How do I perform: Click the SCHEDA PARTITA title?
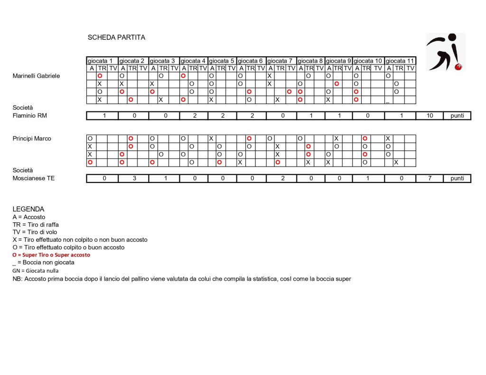pyautogui.click(x=116, y=37)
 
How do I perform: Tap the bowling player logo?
pyautogui.click(x=445, y=52)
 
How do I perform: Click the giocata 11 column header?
pyautogui.click(x=400, y=61)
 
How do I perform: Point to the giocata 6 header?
pyautogui.click(x=251, y=61)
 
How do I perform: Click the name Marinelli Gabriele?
pyautogui.click(x=36, y=76)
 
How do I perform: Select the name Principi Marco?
pyautogui.click(x=32, y=138)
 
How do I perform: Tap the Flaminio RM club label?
pyautogui.click(x=29, y=116)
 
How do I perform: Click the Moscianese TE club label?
pyautogui.click(x=33, y=178)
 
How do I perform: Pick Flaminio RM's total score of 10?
pyautogui.click(x=430, y=116)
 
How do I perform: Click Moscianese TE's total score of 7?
pyautogui.click(x=430, y=178)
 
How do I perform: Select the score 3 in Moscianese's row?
pyautogui.click(x=133, y=178)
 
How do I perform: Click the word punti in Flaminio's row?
pyautogui.click(x=457, y=116)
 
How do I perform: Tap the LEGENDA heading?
pyautogui.click(x=28, y=209)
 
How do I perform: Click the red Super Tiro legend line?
pyautogui.click(x=51, y=255)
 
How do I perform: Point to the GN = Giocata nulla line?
pyautogui.click(x=36, y=270)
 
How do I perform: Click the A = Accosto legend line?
pyautogui.click(x=29, y=217)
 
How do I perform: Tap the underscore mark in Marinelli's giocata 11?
pyautogui.click(x=388, y=100)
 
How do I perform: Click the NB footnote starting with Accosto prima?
pyautogui.click(x=182, y=279)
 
